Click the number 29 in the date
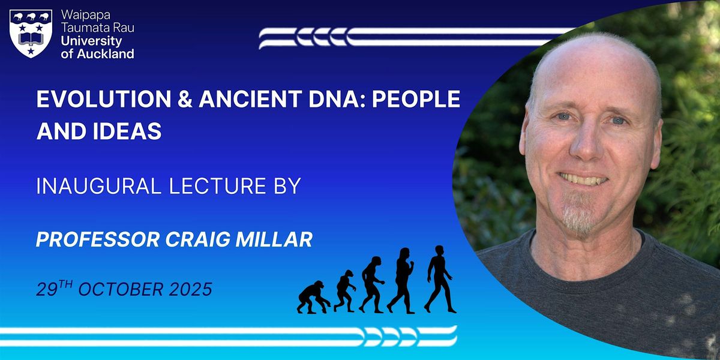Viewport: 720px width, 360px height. pyautogui.click(x=47, y=290)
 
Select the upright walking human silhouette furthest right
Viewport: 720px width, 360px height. pyautogui.click(x=440, y=279)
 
